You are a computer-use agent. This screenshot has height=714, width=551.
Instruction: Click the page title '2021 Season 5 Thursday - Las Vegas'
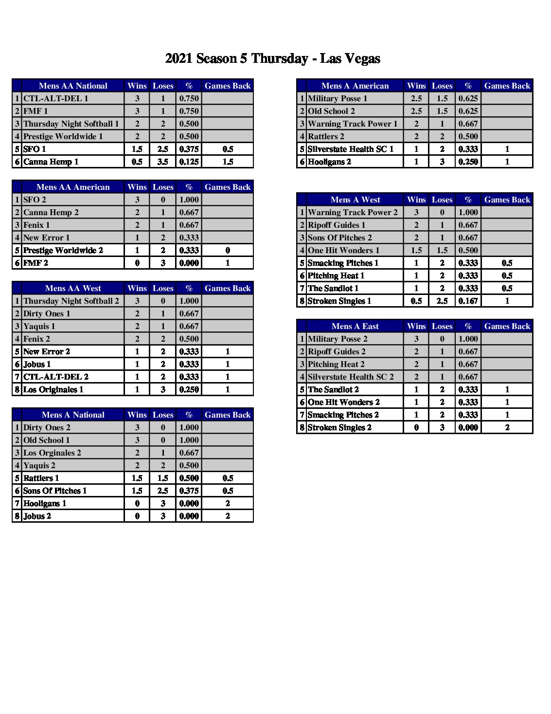pos(272,59)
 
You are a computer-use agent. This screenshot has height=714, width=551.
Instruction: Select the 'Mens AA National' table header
pos(73,86)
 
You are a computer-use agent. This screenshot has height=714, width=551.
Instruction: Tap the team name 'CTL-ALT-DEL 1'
pos(56,99)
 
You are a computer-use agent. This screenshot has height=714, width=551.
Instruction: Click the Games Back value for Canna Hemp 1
pos(228,162)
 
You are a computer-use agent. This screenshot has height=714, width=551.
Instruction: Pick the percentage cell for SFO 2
pos(189,200)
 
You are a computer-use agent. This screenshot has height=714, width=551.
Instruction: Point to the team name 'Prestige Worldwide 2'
pos(63,251)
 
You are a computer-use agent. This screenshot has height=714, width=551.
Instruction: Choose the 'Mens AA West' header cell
pos(73,289)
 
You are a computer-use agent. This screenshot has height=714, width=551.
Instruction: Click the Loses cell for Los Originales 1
pos(163,390)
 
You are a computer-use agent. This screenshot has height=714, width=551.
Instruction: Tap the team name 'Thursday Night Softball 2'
pos(71,301)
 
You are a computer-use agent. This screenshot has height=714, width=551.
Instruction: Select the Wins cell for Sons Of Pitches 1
pos(137,491)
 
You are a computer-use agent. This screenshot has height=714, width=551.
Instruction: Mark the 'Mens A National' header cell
pos(73,415)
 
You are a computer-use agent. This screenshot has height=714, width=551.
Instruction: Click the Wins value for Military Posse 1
pos(416,99)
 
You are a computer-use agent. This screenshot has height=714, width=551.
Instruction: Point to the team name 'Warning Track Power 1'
pos(353,124)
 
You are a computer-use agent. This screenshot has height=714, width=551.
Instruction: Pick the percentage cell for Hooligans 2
pos(468,162)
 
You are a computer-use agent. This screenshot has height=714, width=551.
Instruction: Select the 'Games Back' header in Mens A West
pos(507,200)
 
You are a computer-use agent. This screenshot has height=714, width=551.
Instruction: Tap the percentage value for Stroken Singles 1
pos(468,301)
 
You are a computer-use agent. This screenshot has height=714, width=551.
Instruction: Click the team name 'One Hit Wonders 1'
pos(343,251)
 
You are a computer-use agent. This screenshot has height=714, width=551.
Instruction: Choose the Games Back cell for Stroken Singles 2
pos(507,428)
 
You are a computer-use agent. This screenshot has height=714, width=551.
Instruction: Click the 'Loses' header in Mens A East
pos(442,327)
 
